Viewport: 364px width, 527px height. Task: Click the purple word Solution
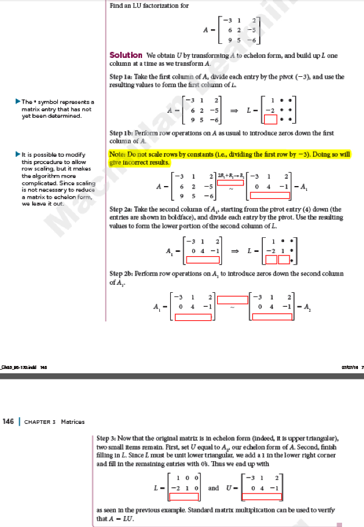click(126, 55)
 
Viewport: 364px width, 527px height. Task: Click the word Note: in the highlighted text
click(116, 156)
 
